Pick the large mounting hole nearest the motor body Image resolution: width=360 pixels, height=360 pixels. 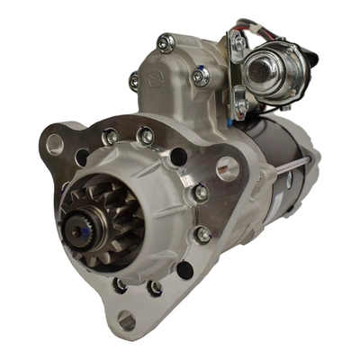tap(227, 167)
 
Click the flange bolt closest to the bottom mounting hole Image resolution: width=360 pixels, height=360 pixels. tap(145, 289)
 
